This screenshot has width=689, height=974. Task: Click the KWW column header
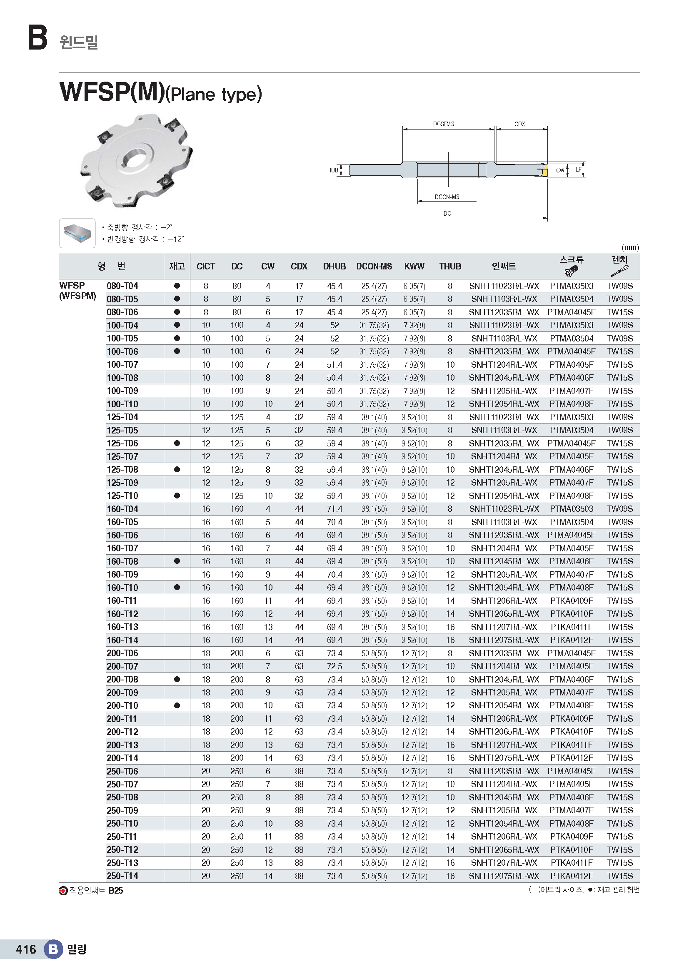coord(414,267)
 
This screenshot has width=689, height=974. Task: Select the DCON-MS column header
coord(374,267)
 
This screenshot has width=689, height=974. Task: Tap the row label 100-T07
coord(122,364)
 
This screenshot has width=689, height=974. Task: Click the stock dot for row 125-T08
coord(177,469)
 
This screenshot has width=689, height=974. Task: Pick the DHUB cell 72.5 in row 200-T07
coord(335,666)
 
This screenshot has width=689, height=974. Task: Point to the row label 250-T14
coord(122,876)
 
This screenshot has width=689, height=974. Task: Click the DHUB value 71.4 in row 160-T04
coord(335,508)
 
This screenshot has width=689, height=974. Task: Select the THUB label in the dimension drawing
coord(331,171)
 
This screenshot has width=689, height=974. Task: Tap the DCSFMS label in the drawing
coord(443,124)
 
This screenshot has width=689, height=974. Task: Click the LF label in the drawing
coord(578,169)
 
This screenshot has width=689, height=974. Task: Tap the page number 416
coord(26,949)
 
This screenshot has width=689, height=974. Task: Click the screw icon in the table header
coord(572,271)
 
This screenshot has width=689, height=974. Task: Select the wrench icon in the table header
coord(619,271)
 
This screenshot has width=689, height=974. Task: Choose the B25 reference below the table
coord(115,890)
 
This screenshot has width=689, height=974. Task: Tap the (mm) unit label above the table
coord(630,247)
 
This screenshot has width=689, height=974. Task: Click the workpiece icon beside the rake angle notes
coord(77,233)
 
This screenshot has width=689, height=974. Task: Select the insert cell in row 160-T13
coord(504,627)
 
